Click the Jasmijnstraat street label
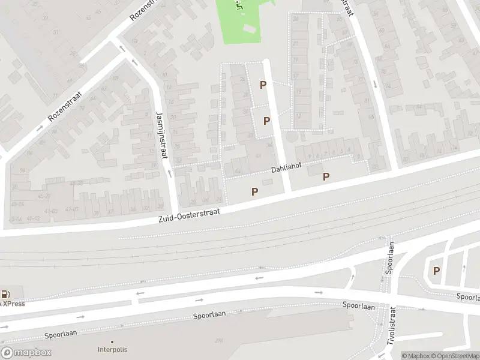click(x=160, y=135)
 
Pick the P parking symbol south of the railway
click(x=436, y=271)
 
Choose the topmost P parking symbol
click(x=263, y=85)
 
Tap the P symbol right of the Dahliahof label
click(x=326, y=176)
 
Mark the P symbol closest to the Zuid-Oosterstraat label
click(x=254, y=191)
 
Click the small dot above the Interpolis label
click(x=112, y=341)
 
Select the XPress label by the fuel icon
click(x=13, y=304)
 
